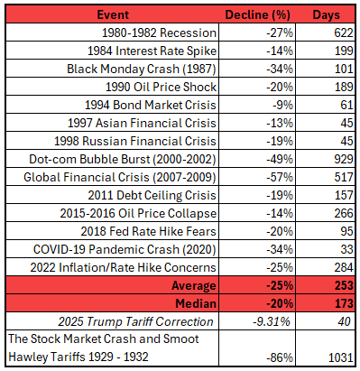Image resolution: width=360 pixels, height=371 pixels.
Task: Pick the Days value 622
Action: [x=341, y=32]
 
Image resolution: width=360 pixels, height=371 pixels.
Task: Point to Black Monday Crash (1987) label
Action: [x=142, y=68]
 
